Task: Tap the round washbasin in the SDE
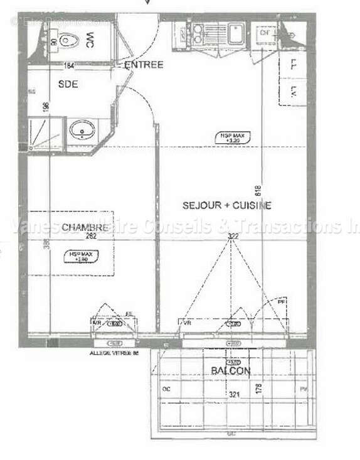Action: (x=82, y=132)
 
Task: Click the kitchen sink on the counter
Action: (x=236, y=31)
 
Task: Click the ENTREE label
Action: (x=144, y=65)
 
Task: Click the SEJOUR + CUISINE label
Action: (x=226, y=205)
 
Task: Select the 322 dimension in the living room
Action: (x=234, y=237)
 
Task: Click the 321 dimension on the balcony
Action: (x=233, y=395)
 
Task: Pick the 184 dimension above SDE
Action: (x=69, y=65)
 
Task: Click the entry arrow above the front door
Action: (x=147, y=3)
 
